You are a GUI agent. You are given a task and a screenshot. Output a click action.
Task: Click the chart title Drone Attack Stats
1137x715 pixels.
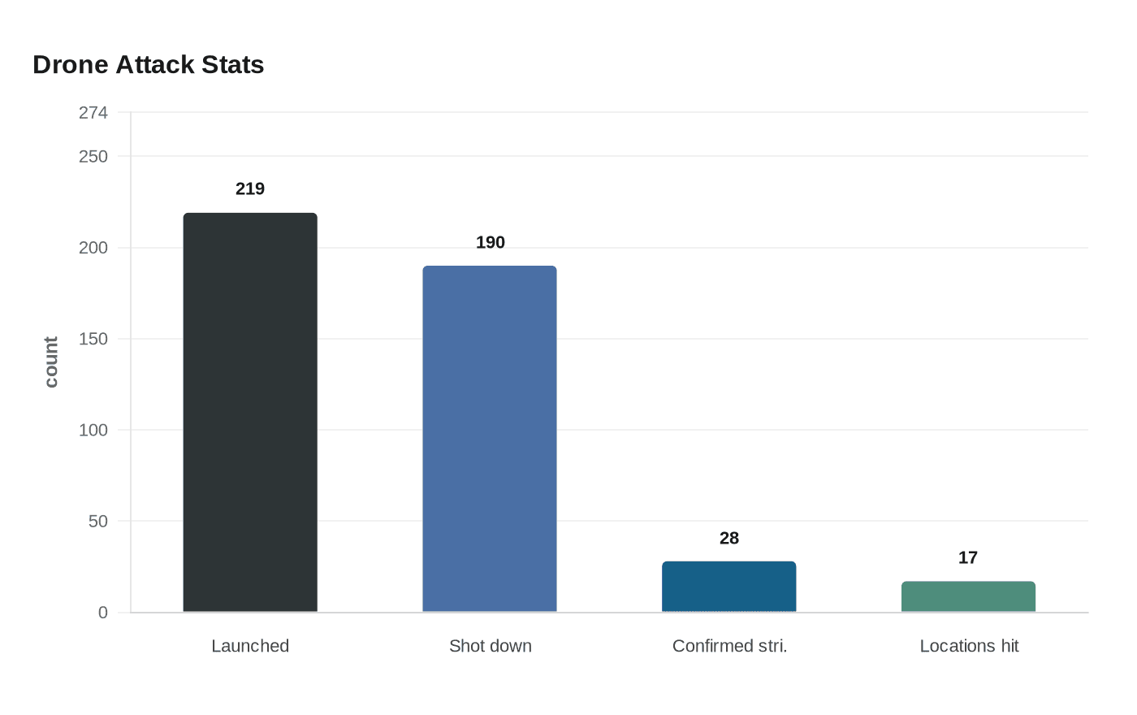coord(149,65)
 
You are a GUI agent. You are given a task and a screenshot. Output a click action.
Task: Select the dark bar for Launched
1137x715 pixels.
coord(250,413)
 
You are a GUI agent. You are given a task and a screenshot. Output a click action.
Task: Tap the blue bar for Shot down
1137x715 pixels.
coord(490,439)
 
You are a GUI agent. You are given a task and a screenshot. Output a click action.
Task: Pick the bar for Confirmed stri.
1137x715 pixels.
coord(729,587)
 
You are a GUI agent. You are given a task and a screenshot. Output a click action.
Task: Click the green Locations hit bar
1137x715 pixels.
coord(968,596)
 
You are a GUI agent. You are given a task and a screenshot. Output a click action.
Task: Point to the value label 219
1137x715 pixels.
coord(250,188)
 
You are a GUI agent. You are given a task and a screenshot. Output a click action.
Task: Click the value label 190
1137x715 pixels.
coord(491,242)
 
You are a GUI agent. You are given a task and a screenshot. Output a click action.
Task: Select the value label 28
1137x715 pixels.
coord(729,538)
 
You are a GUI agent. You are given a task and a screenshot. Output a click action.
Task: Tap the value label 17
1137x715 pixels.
coord(968,557)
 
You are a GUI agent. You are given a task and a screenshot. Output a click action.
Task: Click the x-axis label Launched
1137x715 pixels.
coord(250,646)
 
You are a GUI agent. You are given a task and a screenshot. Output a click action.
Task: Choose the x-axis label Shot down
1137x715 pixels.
coord(491,646)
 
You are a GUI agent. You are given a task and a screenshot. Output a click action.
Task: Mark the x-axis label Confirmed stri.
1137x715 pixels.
coord(729,646)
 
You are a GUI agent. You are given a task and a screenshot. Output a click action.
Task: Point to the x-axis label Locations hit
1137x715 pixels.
coord(969,646)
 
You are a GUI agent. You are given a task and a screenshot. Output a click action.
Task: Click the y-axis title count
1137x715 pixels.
coord(51,362)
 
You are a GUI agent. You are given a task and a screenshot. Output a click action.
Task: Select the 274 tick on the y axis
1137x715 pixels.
coord(93,113)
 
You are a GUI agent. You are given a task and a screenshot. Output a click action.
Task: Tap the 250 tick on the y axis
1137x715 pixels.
coord(93,156)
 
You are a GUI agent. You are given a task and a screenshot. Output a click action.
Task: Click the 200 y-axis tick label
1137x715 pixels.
coord(93,248)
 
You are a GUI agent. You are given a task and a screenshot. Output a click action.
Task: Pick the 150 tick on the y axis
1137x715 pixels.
coord(93,339)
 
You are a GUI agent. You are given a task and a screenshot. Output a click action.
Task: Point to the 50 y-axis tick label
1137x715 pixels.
coord(98,521)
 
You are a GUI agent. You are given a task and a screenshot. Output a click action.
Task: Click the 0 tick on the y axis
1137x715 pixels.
coord(103,613)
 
